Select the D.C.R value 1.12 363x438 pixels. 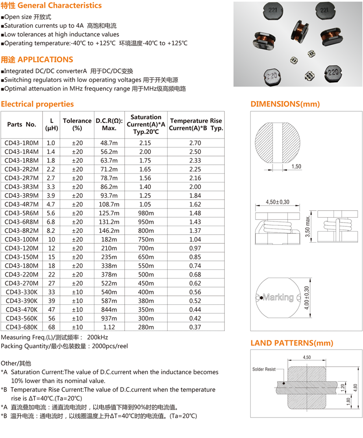point(109,327)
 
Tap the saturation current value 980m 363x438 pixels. point(146,213)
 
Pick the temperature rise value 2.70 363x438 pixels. point(195,143)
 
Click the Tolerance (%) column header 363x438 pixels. point(77,124)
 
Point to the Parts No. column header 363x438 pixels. point(22,124)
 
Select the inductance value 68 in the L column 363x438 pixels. point(51,327)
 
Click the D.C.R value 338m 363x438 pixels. point(109,266)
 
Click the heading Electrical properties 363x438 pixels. point(37,104)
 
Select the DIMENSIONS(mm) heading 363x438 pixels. point(285,104)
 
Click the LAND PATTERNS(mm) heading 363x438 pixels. point(292,343)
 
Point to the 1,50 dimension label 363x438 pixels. point(296,167)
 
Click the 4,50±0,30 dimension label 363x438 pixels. point(277,202)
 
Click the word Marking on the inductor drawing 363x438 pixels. point(278,297)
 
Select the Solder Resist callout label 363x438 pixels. point(264,369)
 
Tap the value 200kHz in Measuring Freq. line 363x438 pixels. point(98,337)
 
